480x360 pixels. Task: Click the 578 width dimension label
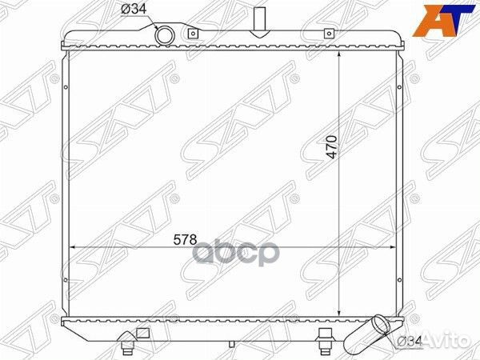185,240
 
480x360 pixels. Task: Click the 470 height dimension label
332,147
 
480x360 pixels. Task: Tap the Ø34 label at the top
134,9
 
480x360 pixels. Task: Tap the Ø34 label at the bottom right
410,342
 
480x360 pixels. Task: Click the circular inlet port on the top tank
164,35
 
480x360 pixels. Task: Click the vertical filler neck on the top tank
259,22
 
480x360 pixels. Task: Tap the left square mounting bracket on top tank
193,33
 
